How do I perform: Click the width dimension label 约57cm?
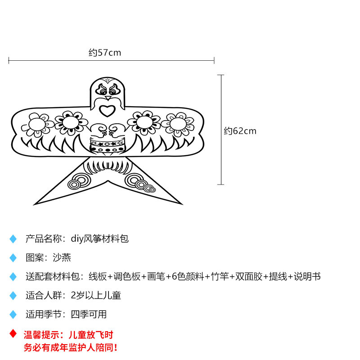tap(105, 53)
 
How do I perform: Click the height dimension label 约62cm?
tap(240, 131)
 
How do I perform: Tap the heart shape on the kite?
tap(107, 110)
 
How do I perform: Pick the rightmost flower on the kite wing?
tap(177, 122)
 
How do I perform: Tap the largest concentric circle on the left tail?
tap(81, 180)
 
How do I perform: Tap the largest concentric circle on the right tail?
tap(134, 180)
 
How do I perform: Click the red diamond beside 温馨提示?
tap(13, 334)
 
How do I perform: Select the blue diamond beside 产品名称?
tap(13, 239)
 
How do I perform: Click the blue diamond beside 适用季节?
tap(13, 315)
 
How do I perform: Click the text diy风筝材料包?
tap(100, 238)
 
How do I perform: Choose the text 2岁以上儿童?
tap(96, 295)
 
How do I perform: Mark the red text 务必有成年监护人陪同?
tap(71, 347)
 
